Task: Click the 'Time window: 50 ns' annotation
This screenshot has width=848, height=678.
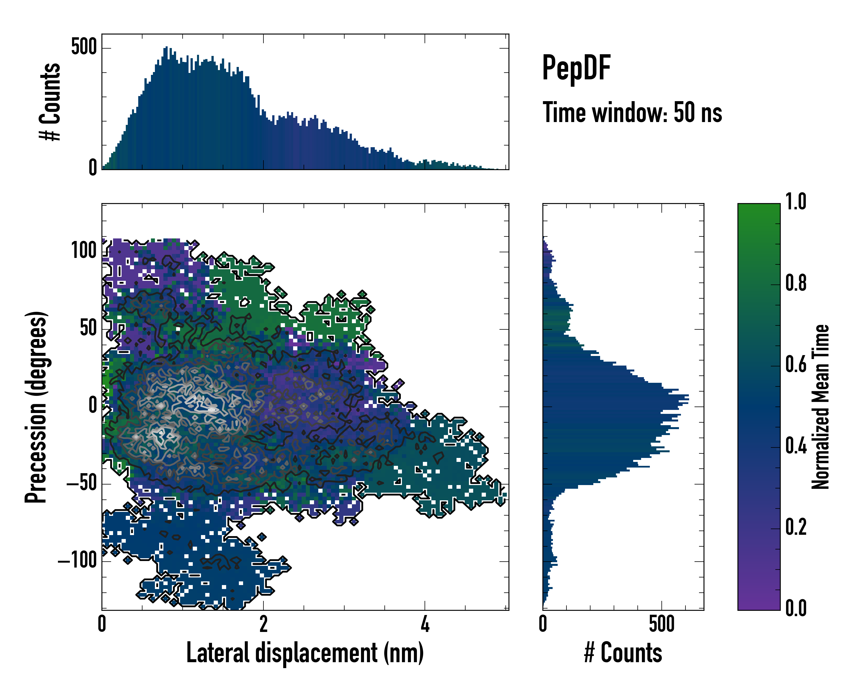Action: click(632, 113)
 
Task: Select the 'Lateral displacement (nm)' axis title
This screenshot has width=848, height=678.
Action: click(305, 653)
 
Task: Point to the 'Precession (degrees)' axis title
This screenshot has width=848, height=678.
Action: click(36, 407)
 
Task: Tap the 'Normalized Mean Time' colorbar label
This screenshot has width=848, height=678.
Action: click(821, 407)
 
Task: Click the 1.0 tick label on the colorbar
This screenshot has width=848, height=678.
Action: click(796, 202)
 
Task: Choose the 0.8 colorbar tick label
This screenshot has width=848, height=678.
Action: click(796, 283)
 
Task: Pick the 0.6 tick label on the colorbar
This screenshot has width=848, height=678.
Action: click(796, 364)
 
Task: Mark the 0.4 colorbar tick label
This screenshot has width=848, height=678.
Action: click(796, 446)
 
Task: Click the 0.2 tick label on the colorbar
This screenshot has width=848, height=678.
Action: click(796, 527)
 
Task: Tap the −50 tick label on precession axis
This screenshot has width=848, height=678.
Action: click(81, 483)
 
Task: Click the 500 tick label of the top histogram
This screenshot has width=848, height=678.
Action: click(84, 47)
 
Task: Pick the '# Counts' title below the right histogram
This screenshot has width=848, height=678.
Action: click(623, 653)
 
